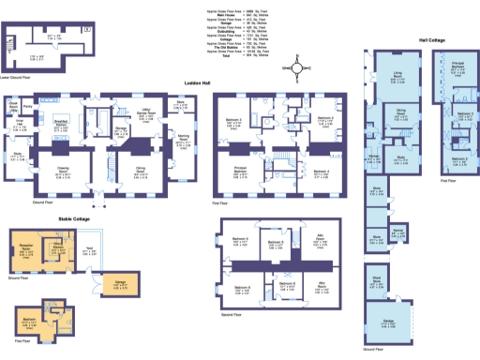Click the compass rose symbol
tap(296, 67)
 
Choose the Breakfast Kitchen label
tap(61, 125)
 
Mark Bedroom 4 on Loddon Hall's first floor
tap(320, 172)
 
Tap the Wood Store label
tap(374, 278)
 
